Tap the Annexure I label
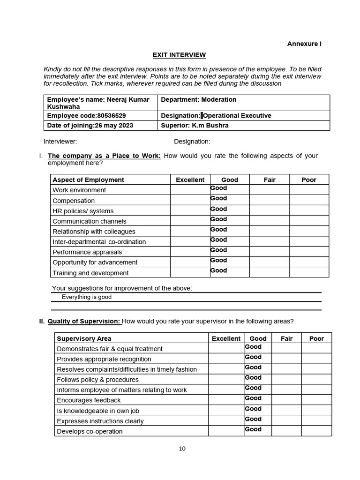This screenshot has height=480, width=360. coord(304,44)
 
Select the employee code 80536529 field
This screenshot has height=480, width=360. coord(87,116)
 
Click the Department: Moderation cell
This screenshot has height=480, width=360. coord(198,99)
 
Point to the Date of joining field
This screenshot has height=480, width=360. coord(90,126)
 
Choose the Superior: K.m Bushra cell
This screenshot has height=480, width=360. coord(195,126)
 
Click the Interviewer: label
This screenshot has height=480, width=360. coord(60,142)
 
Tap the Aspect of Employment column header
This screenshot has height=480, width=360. coord(88,180)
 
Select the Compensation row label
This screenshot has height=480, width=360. coord(74,201)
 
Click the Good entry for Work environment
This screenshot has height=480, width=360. coord(218,188)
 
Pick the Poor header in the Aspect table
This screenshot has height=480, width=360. coord(308,180)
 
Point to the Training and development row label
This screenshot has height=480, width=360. coord(90,273)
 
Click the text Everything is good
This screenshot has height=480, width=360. coord(87,297)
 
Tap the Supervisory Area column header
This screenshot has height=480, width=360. coord(84,338)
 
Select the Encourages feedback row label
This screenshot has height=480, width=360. coord(89,400)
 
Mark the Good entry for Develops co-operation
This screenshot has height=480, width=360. coord(253,429)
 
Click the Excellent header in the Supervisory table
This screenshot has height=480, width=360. coord(226,338)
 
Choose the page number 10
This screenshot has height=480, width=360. coord(182,449)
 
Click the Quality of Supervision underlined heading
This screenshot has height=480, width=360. coord(84,322)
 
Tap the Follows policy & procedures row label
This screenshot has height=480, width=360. coord(97,380)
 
